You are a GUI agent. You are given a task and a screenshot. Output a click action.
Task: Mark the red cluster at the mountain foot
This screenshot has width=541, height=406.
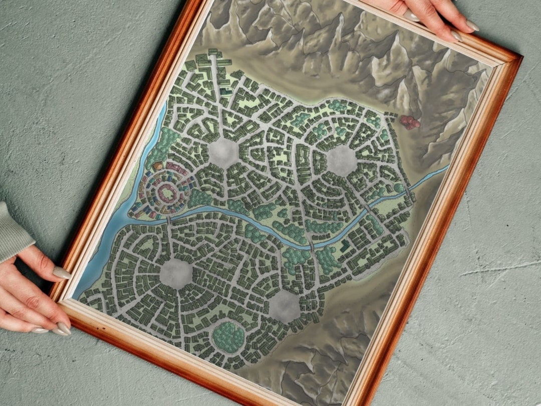(x=410, y=122)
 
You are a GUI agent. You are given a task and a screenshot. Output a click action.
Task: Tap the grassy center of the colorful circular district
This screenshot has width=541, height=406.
(x=165, y=192)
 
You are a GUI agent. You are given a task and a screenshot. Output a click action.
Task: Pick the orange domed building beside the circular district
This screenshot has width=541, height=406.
(x=158, y=165)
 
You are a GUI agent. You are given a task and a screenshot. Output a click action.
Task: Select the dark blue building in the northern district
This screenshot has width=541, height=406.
(x=226, y=92)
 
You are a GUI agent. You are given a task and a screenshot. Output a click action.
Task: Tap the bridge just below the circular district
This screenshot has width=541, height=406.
(x=169, y=220)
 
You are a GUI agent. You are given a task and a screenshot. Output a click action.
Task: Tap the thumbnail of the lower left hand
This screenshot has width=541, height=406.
(x=62, y=273)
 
